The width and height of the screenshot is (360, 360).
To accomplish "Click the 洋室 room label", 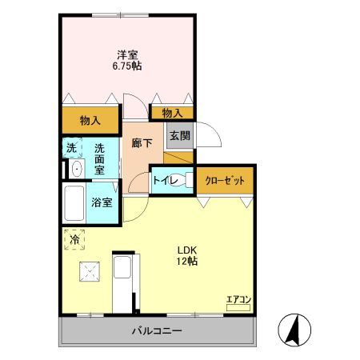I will pos(127,54).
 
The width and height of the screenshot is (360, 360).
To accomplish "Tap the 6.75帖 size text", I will pos(127,66).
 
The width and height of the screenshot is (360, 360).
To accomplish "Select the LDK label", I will pos(187,249).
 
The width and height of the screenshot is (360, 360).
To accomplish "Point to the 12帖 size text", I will pos(187,261).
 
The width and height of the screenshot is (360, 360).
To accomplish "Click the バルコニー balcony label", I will pos(157,331).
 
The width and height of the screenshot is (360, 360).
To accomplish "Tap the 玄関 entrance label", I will pos(178,136).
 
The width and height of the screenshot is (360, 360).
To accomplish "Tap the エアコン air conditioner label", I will pos(238,300).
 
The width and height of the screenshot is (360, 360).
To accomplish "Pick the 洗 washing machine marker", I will pos(71,148).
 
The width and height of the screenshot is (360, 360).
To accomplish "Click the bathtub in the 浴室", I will pos(75,204).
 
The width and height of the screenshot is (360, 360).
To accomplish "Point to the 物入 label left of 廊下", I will pos(90,120).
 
